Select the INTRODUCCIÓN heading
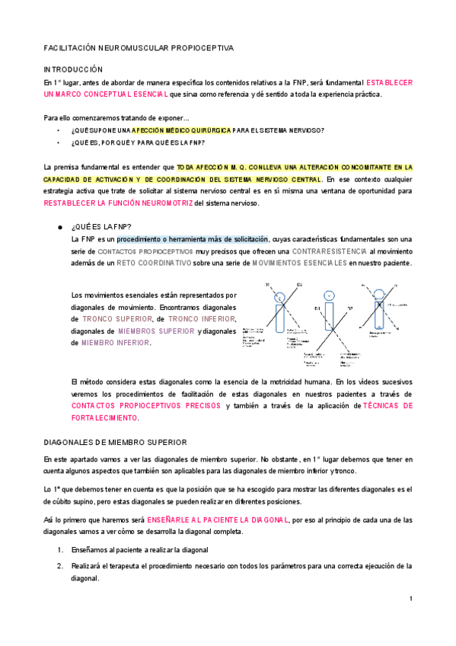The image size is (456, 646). tap(72, 69)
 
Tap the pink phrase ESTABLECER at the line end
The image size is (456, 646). tap(390, 82)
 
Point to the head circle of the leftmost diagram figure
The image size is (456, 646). tap(281, 296)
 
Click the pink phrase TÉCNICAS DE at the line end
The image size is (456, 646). tap(387, 406)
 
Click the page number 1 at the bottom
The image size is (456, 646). tap(411, 599)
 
